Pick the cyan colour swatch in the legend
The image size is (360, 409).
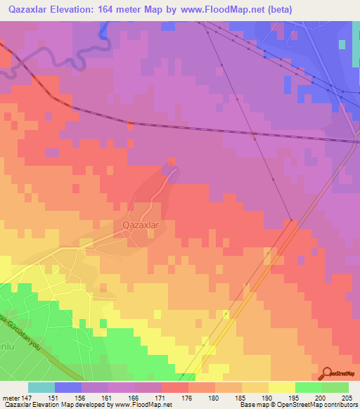(41, 387)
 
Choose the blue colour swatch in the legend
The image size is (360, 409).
(67, 387)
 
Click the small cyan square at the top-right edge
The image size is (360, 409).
(342, 44)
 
